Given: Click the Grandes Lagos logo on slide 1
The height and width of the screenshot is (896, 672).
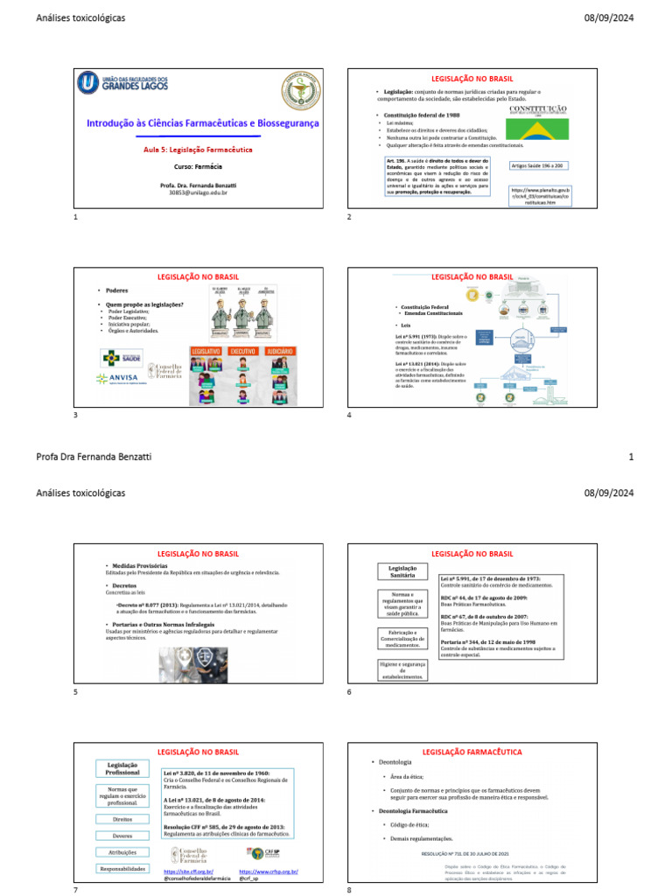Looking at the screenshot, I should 122,84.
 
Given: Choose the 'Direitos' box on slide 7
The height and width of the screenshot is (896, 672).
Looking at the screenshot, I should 122,819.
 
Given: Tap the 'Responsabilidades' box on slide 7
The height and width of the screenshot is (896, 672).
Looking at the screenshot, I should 122,868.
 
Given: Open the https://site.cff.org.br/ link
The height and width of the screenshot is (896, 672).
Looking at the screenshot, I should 188,871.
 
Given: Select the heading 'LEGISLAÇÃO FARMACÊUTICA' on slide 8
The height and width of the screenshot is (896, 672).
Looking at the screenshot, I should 472,752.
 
